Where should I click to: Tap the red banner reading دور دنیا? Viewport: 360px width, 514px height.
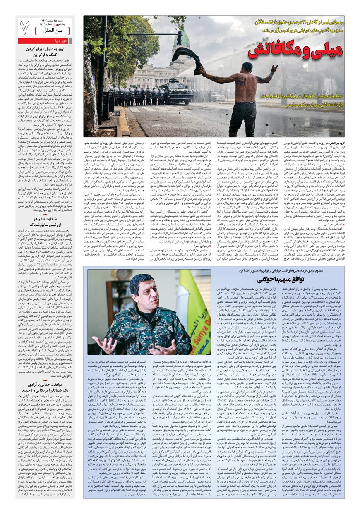tap(46, 41)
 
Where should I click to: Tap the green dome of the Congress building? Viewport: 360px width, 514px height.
tap(185, 40)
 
